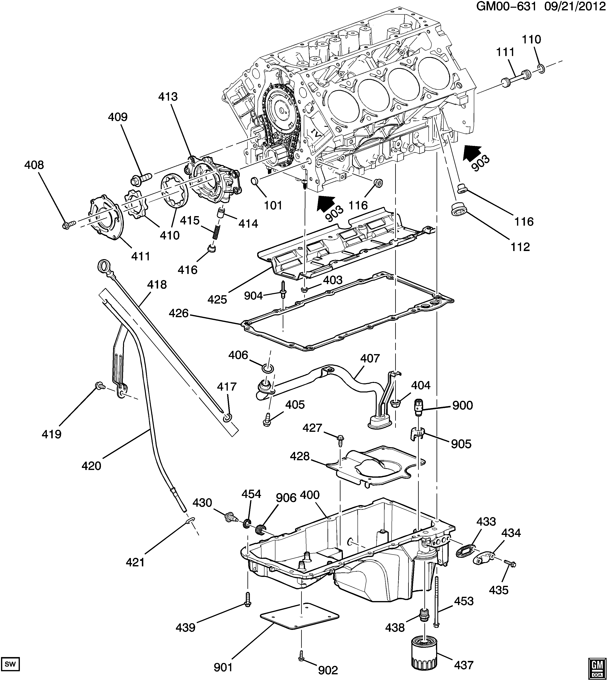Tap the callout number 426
pyautogui.click(x=179, y=313)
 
